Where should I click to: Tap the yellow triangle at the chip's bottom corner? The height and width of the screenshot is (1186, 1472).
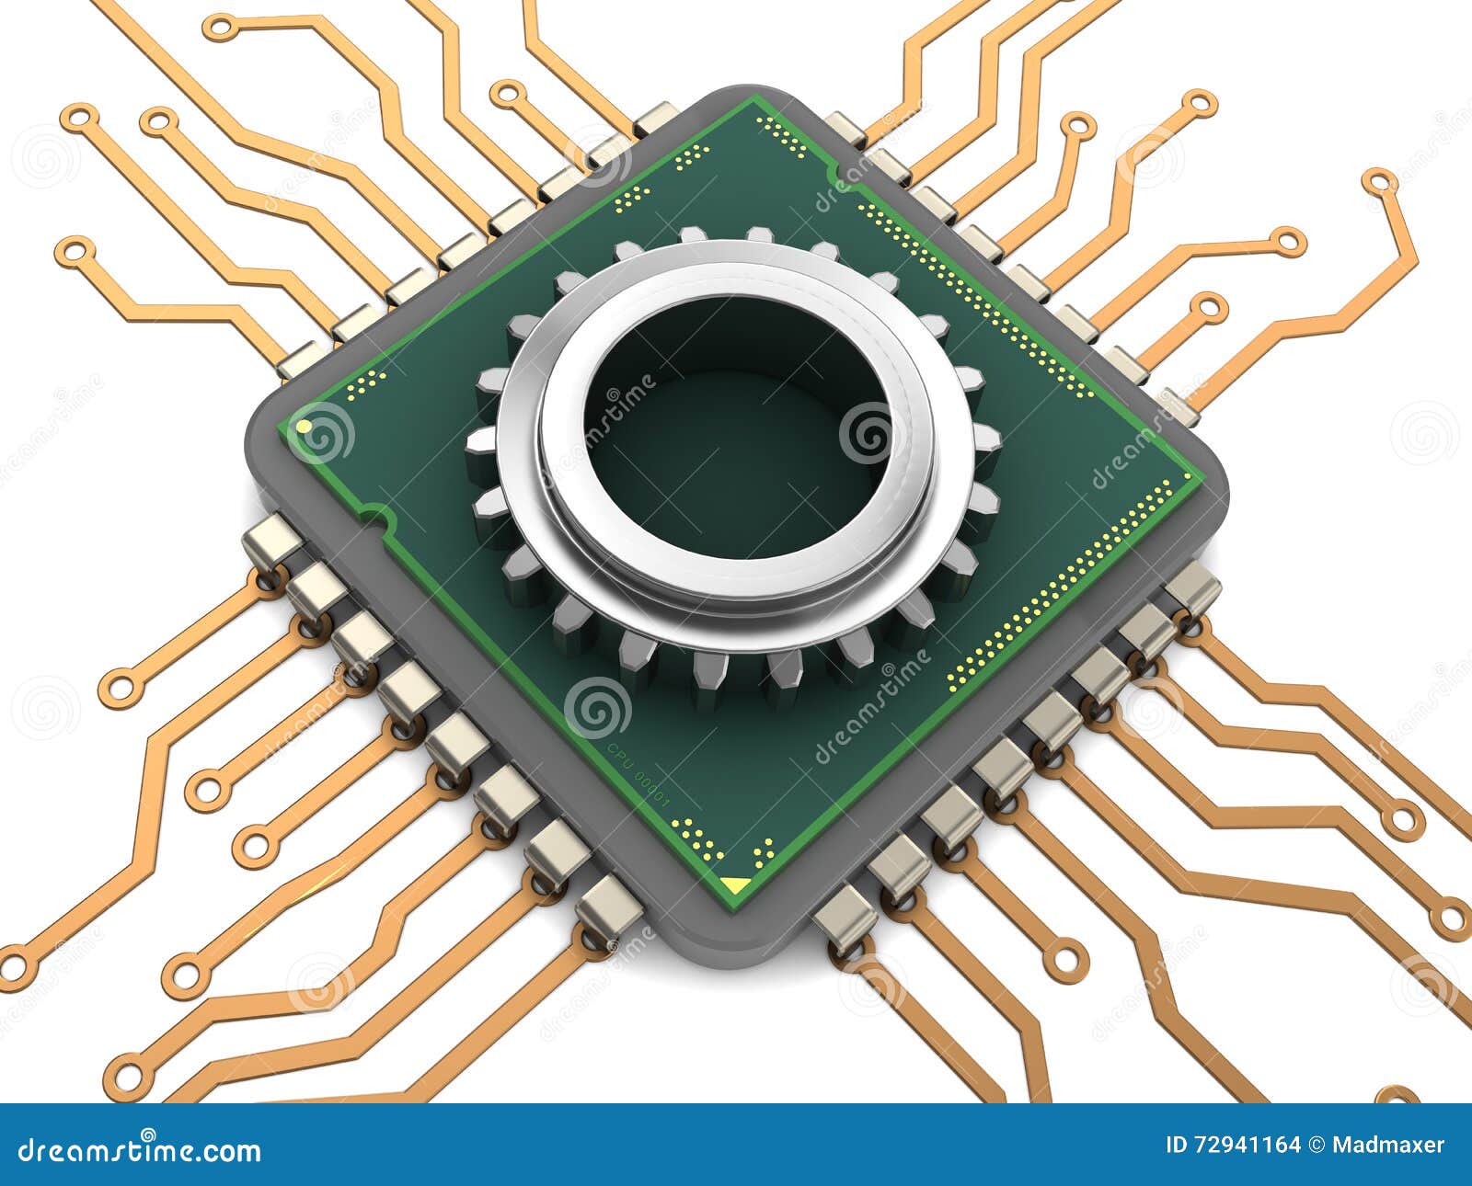[734, 884]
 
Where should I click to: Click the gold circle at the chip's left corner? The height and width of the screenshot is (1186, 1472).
[303, 428]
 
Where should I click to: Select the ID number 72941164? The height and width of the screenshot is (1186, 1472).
[1233, 1146]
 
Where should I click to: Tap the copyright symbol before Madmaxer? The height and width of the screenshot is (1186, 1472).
[1316, 1146]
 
